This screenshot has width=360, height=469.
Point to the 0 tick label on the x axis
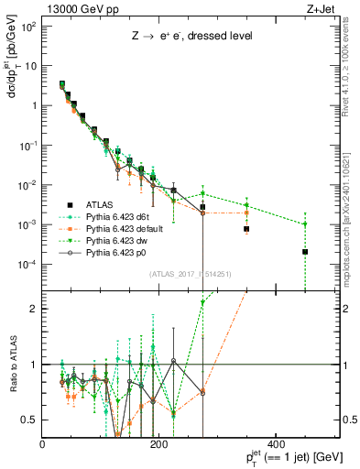43,444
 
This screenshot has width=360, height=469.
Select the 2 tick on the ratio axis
36,309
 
